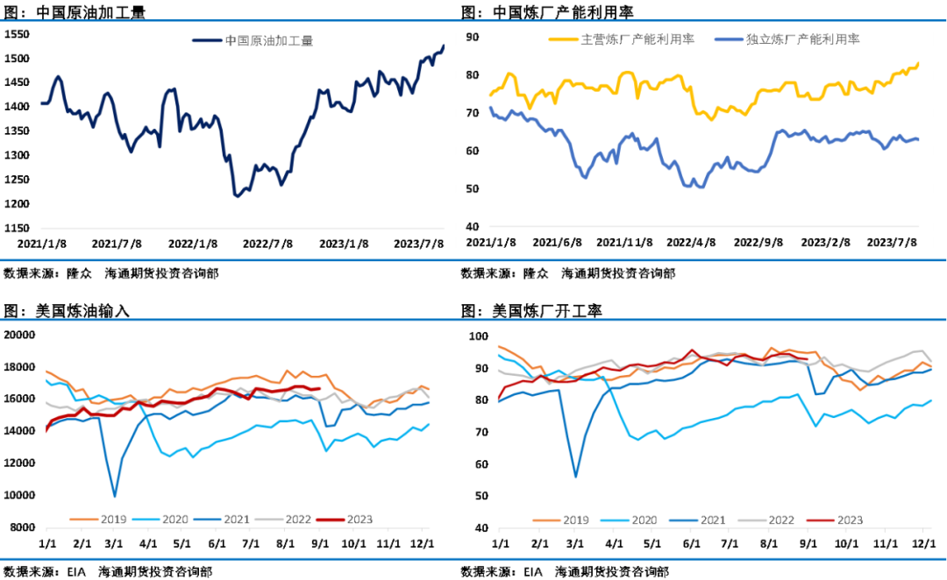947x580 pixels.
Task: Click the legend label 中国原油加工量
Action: (x=268, y=40)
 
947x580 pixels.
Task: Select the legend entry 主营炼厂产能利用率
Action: (x=637, y=39)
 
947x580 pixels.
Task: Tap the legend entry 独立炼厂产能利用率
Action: (x=802, y=39)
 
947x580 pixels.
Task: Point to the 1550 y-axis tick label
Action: (x=18, y=34)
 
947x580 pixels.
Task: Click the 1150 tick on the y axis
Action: (x=18, y=228)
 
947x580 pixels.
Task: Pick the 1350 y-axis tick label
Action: (x=18, y=131)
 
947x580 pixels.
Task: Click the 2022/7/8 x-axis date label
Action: (x=267, y=244)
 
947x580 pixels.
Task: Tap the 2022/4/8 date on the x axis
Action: (x=691, y=242)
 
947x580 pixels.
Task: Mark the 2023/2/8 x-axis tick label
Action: (x=826, y=242)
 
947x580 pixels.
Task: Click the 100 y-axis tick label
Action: (x=478, y=336)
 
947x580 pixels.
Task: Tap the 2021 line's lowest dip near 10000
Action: (x=115, y=496)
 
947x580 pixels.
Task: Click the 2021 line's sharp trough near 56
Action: (x=576, y=477)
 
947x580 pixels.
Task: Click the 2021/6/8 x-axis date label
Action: (x=558, y=242)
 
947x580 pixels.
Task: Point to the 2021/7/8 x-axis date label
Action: (x=117, y=244)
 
